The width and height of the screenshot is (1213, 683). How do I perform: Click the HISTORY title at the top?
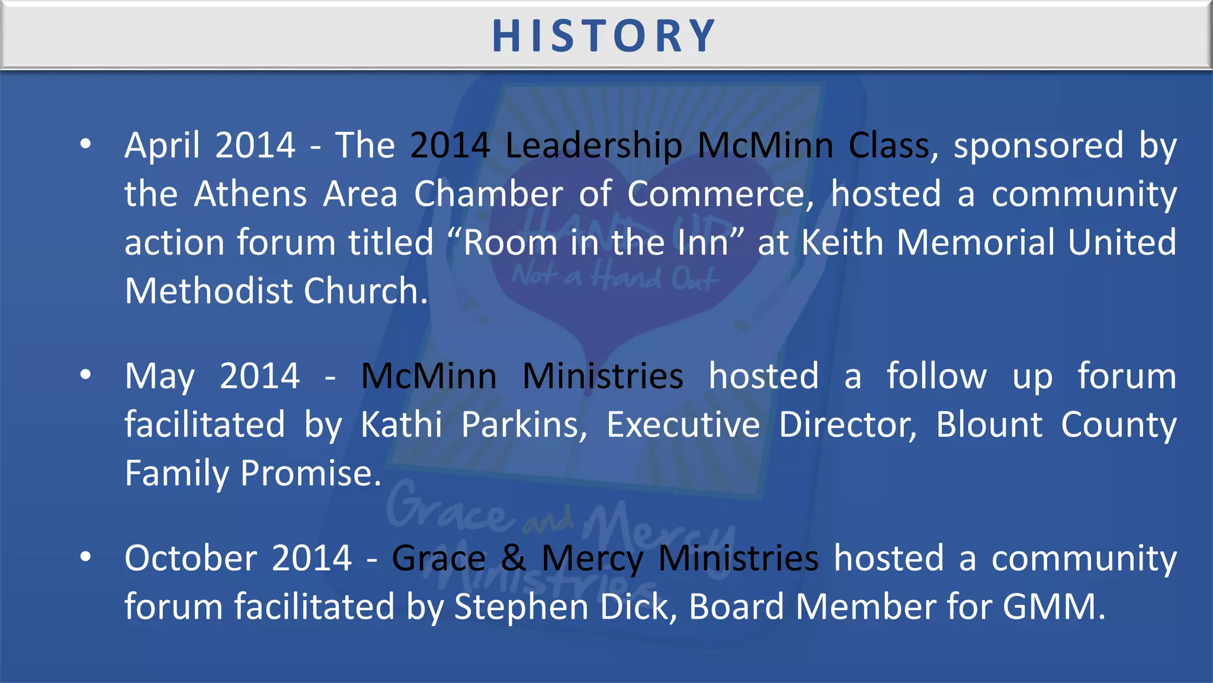point(605,36)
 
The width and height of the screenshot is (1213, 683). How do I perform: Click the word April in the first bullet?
point(162,146)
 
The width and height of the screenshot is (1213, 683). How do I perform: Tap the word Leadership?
point(593,146)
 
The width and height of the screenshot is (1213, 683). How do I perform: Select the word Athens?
point(251,194)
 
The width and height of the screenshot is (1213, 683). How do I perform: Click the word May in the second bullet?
point(159,377)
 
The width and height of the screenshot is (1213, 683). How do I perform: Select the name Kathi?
point(402,425)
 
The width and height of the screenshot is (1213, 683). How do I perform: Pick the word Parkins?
point(524,425)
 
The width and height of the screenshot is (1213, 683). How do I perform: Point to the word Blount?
point(989,425)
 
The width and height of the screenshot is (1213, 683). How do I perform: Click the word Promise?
point(310,474)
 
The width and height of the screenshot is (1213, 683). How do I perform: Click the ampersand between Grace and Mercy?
point(514,558)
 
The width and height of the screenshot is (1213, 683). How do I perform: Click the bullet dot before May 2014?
point(86,375)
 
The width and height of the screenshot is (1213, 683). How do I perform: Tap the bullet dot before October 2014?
point(86,557)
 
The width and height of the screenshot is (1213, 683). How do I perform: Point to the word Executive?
point(683,425)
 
